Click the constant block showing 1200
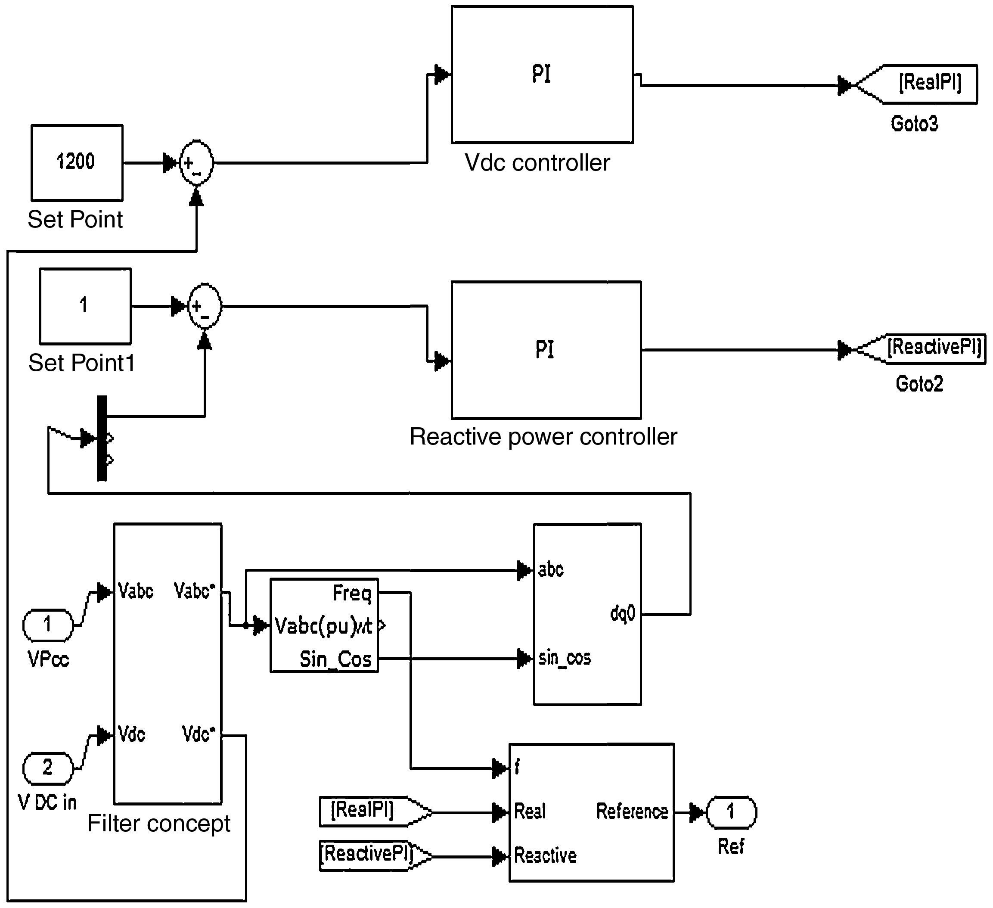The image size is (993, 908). tap(77, 162)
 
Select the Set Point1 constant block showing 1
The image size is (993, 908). tap(85, 306)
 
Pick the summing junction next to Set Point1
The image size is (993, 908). tap(205, 306)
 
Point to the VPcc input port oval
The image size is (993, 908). tap(48, 625)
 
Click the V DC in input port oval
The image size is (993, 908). tap(48, 768)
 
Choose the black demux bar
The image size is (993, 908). tap(102, 438)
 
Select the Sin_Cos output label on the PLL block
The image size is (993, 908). tap(335, 659)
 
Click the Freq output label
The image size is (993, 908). tap(352, 593)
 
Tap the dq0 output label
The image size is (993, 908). tap(623, 613)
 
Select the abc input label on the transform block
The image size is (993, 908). tap(551, 570)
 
